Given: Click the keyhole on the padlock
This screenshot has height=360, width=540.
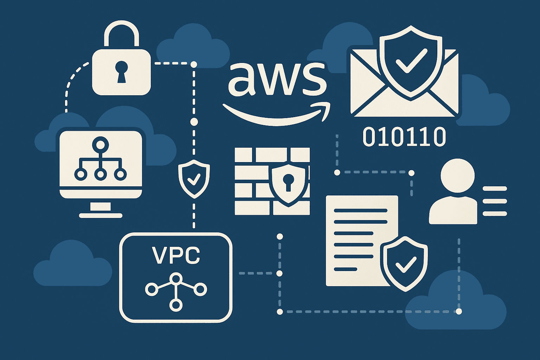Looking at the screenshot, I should coord(121,71).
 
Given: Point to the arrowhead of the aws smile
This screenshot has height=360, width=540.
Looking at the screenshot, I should coord(325,107).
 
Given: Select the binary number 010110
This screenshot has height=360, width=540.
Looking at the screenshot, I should coord(404,137).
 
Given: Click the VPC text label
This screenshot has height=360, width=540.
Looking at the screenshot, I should coord(176,256).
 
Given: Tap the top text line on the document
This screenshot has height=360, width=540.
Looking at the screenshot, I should coord(360,211).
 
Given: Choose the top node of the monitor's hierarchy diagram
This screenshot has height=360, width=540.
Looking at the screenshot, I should coord(101,144).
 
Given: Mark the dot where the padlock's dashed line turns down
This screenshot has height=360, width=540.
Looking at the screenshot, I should coord(193,64).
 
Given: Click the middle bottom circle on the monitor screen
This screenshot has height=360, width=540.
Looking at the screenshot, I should coord(101,174).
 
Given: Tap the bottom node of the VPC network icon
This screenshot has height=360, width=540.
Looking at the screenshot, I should coord(175,304).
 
